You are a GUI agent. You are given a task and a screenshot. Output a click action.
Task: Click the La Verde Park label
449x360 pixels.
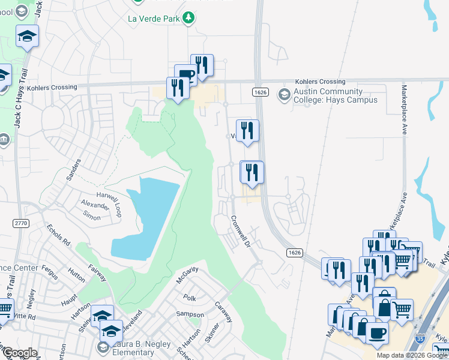coord(153,18)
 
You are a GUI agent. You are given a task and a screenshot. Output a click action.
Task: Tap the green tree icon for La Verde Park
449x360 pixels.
coord(188,18)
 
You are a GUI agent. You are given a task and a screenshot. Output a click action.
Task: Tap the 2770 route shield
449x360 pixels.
coord(20,223)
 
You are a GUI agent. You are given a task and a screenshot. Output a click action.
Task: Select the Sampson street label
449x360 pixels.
coord(190,314)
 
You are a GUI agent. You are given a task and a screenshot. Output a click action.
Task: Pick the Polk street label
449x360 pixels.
coord(190,298)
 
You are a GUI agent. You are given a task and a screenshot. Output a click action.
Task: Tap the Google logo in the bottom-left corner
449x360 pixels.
coord(19,353)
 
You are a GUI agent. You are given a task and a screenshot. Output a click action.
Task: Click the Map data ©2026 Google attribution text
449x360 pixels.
coord(412,355)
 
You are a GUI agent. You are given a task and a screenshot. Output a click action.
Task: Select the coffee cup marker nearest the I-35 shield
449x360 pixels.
coord(376,334)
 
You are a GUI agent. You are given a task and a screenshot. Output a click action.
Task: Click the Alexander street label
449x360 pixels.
coord(96,205)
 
